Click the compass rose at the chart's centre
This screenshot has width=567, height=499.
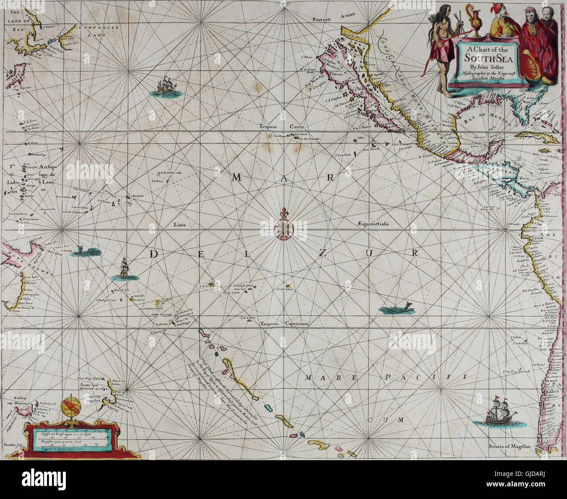[x=284, y=227]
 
